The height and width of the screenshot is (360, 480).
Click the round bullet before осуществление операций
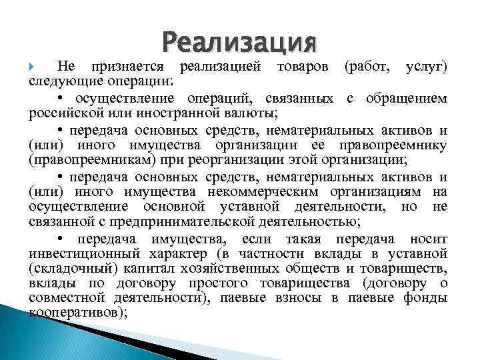pyautogui.click(x=61, y=99)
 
